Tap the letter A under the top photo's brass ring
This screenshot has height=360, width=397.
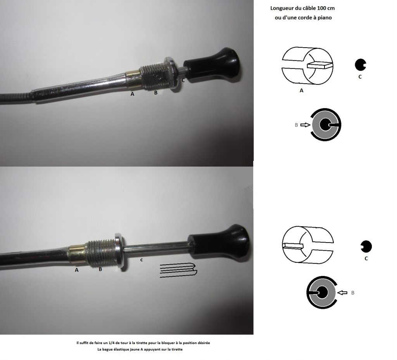(x=132, y=94)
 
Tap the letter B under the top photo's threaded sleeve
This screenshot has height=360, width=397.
(x=156, y=93)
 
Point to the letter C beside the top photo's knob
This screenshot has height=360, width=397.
(x=183, y=81)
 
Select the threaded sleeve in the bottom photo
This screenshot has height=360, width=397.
(x=100, y=253)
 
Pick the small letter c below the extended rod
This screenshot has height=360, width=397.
(x=142, y=260)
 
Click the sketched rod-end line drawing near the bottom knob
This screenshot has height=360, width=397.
(x=178, y=270)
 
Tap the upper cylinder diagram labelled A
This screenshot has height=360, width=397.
(x=307, y=66)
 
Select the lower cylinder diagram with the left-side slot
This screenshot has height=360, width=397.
(x=307, y=245)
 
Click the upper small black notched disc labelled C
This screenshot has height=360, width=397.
(x=361, y=64)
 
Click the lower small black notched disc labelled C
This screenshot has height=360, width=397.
(x=366, y=246)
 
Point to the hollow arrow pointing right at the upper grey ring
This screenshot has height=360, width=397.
(x=306, y=125)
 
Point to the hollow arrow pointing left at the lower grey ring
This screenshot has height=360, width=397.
(x=343, y=293)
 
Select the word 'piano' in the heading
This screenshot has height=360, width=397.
(x=325, y=18)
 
